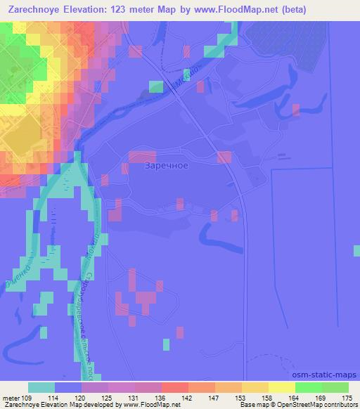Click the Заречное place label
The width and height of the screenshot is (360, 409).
pos(165,167)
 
